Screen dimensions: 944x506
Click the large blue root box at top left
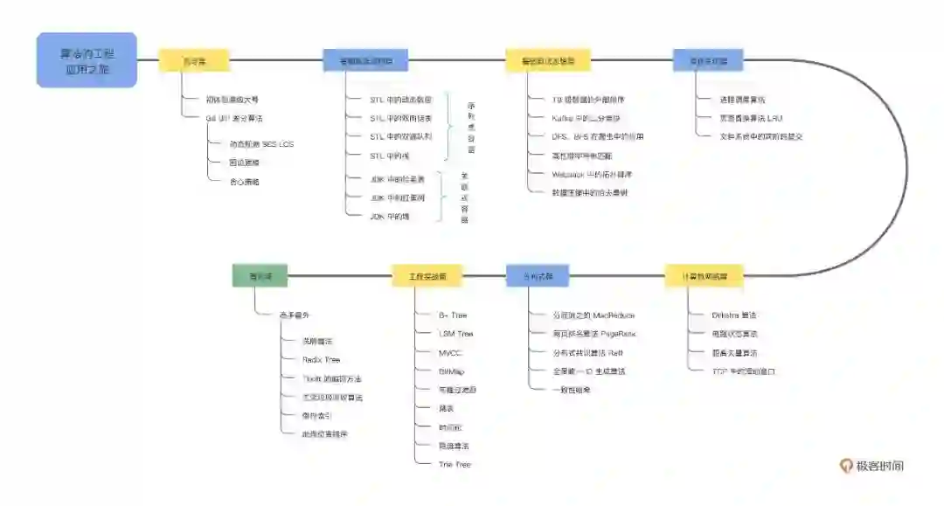pyautogui.click(x=87, y=60)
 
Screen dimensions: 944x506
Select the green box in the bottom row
pyautogui.click(x=260, y=276)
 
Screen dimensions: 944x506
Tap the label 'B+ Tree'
pyautogui.click(x=453, y=315)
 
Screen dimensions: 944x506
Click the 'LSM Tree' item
pyautogui.click(x=455, y=334)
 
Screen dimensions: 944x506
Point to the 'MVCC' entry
pyautogui.click(x=450, y=353)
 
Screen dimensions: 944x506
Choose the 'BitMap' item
pyautogui.click(x=452, y=371)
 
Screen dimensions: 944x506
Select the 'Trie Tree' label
pyautogui.click(x=455, y=464)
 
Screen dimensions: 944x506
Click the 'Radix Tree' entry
pyautogui.click(x=321, y=359)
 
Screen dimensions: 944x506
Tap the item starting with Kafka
pyautogui.click(x=586, y=118)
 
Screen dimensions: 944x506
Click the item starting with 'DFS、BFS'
pyautogui.click(x=597, y=136)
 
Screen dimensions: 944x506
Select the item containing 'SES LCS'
pyautogui.click(x=260, y=143)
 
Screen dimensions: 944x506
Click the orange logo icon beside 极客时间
pyautogui.click(x=846, y=466)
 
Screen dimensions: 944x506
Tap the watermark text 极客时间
pyautogui.click(x=880, y=466)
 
